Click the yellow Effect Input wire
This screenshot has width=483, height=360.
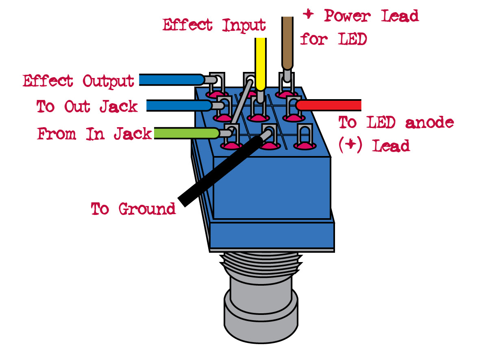[261, 64]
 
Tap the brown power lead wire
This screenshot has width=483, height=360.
[287, 43]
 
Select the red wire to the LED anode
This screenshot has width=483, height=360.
[329, 105]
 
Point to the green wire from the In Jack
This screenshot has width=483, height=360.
[186, 133]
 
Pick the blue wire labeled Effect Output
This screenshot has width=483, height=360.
[172, 80]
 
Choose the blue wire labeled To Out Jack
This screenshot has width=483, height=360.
[179, 105]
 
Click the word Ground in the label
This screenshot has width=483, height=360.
[147, 209]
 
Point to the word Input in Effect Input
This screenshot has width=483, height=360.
[244, 25]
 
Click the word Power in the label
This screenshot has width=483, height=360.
[347, 15]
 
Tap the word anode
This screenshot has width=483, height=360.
[430, 123]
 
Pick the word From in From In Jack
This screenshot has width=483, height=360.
[57, 134]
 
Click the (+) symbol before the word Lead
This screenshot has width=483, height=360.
[350, 145]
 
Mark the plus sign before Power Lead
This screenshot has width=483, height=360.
[308, 14]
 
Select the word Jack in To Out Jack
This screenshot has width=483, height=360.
[119, 107]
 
